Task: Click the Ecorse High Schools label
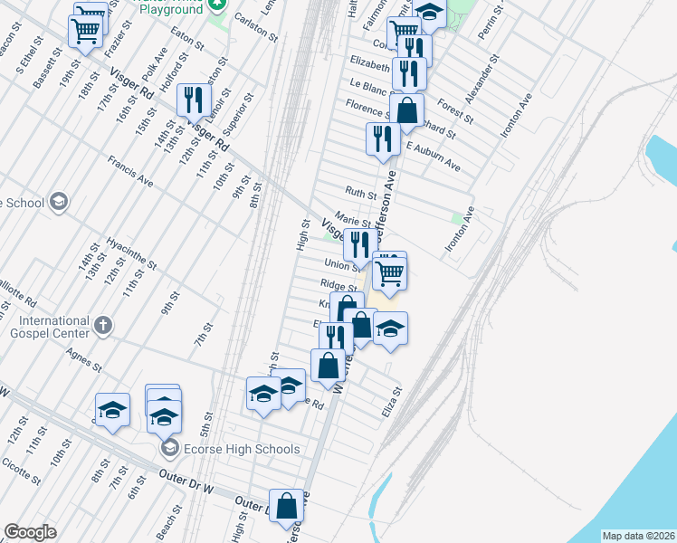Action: [x=241, y=449]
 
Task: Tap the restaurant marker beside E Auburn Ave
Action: [x=383, y=138]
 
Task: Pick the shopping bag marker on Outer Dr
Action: [x=287, y=507]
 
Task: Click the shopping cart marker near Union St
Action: [x=389, y=271]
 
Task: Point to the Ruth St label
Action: [x=360, y=194]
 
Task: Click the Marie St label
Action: [x=353, y=219]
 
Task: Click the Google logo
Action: [x=30, y=532]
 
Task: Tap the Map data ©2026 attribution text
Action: [x=637, y=536]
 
